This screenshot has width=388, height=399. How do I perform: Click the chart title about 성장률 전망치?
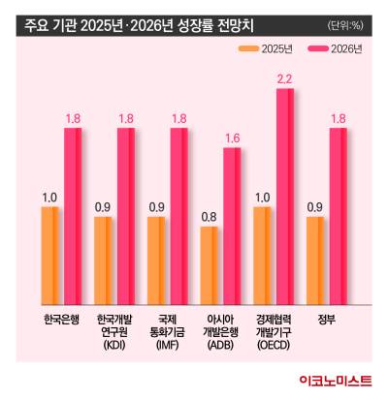(x=145, y=21)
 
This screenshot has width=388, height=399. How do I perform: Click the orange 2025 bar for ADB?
(x=208, y=266)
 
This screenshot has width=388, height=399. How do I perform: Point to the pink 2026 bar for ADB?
(x=232, y=227)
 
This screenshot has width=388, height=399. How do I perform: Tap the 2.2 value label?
(x=284, y=78)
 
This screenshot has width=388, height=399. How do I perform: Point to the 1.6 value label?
(x=232, y=138)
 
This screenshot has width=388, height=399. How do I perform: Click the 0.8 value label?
(x=209, y=217)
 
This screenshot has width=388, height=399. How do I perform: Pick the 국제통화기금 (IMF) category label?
(x=167, y=330)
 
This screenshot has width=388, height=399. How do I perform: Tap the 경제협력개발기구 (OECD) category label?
(x=273, y=330)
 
